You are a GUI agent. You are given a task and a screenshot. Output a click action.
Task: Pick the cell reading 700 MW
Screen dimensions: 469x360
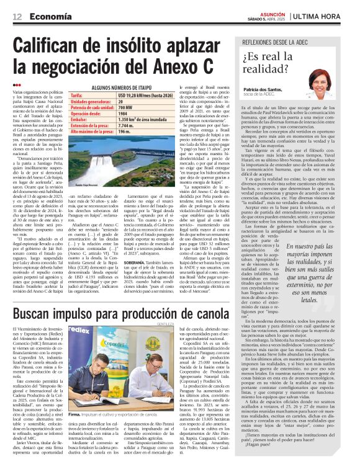coord(130,107)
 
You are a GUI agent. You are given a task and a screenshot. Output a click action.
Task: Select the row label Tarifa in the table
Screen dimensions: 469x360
coord(76,96)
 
